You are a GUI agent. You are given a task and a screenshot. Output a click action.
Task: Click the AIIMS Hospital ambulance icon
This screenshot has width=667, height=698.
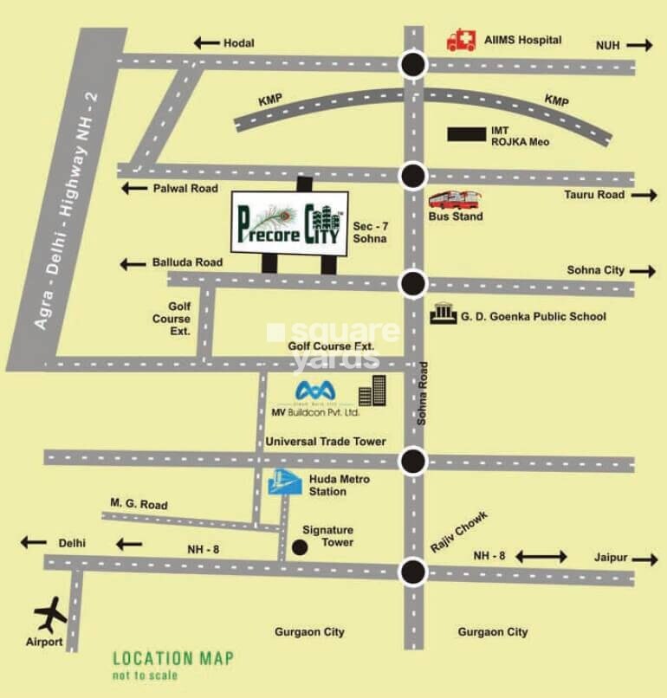tap(462, 40)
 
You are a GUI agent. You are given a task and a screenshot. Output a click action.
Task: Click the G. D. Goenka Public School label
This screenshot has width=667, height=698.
tap(533, 317)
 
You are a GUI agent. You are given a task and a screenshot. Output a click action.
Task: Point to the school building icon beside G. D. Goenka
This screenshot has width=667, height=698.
tap(442, 313)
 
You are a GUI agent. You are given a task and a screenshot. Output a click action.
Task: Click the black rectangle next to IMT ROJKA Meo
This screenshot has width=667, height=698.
tap(466, 133)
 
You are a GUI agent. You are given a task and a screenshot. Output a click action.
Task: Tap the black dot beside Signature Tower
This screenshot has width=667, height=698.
tap(300, 547)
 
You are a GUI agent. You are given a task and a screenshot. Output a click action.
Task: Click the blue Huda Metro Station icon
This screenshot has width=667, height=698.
tap(284, 483)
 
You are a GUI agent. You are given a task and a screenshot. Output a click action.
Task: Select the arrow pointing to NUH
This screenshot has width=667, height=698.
tap(640, 45)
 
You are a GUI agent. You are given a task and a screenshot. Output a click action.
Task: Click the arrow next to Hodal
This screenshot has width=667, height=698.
tap(205, 42)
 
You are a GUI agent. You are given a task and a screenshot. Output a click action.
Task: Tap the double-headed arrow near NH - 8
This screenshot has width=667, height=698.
tap(542, 556)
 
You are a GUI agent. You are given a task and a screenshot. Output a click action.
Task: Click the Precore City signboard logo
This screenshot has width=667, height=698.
tap(289, 222)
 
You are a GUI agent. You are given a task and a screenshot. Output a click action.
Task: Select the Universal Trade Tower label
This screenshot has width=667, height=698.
tap(326, 442)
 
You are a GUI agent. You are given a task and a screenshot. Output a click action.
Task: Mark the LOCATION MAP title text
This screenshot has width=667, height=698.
tap(173, 659)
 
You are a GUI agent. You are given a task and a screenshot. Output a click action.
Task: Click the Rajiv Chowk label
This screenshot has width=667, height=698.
tap(460, 532)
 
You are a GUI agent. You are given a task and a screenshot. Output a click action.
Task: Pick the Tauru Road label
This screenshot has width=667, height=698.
tap(594, 196)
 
